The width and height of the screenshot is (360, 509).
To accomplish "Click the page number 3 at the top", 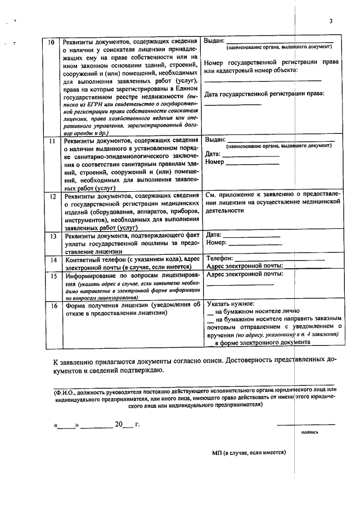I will pyautogui.click(x=331, y=21).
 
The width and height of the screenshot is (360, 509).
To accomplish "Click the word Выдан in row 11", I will pyautogui.click(x=215, y=139).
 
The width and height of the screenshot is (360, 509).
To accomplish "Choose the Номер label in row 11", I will pyautogui.click(x=215, y=162).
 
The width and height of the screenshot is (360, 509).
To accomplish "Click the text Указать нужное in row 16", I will pyautogui.click(x=231, y=302).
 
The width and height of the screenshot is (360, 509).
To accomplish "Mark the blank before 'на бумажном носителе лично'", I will pyautogui.click(x=210, y=310).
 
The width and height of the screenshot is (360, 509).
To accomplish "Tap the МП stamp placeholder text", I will pyautogui.click(x=249, y=452).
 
